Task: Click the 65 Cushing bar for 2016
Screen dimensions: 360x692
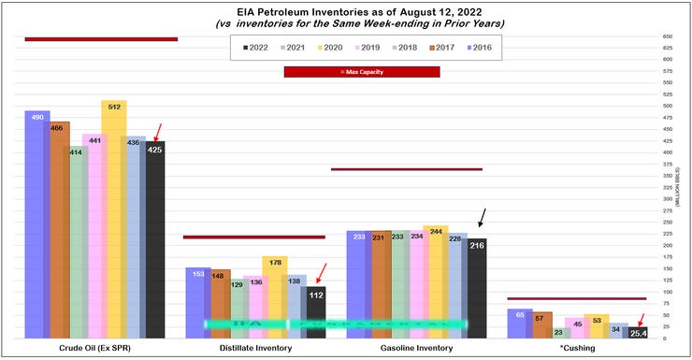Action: pos(520,324)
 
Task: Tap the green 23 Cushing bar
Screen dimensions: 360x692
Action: pos(560,333)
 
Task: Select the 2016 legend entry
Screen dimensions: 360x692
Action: pos(482,47)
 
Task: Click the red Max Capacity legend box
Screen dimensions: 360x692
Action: pos(361,72)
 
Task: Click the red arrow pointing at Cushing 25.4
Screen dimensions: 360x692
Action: pos(641,319)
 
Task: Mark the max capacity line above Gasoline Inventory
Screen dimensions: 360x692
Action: pos(407,169)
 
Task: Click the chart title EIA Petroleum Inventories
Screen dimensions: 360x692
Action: pos(346,9)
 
